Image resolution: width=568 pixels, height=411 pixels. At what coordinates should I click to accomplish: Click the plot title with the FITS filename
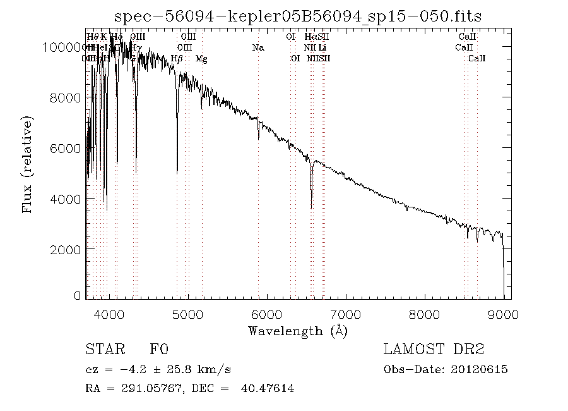[x=299, y=16]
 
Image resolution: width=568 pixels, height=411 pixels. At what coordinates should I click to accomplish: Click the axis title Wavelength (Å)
[x=298, y=331]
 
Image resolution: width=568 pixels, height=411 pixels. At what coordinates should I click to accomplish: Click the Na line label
[x=258, y=48]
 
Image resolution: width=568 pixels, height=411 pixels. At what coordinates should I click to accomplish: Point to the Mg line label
[x=201, y=59]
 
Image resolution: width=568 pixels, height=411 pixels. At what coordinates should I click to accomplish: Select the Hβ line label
[x=177, y=59]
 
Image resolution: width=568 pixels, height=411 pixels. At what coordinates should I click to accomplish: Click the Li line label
[x=322, y=48]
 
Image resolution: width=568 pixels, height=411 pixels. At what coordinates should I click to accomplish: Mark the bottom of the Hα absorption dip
[x=311, y=207]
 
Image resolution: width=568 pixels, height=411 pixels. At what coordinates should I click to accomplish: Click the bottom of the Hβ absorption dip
[x=177, y=172]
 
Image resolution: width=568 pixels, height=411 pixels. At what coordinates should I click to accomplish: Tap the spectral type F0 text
[x=159, y=350]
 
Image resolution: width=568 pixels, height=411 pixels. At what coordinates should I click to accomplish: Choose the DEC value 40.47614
[x=268, y=388]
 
